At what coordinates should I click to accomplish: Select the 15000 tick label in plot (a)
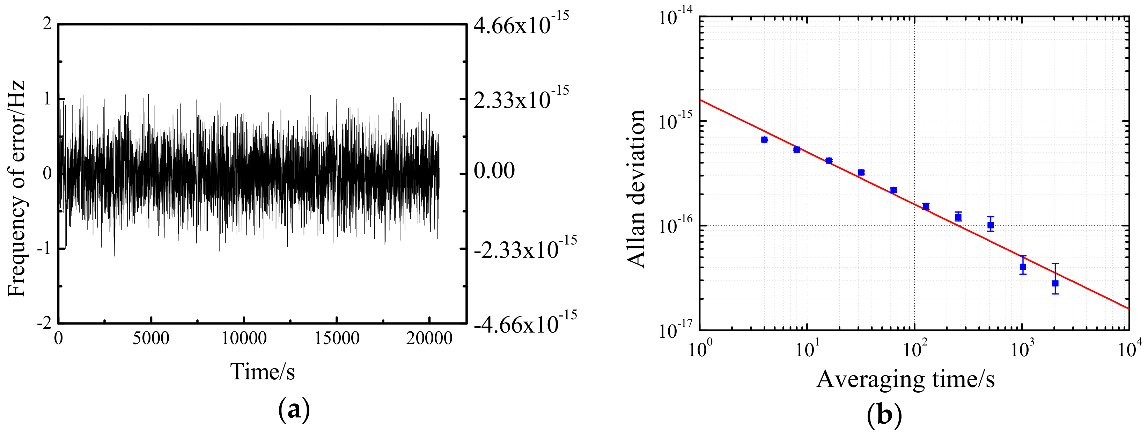(x=337, y=338)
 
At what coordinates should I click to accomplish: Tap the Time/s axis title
(x=263, y=371)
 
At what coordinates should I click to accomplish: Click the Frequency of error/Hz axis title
(x=17, y=189)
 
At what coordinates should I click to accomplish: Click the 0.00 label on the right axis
(x=494, y=171)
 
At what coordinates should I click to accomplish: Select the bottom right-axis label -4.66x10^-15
(x=525, y=322)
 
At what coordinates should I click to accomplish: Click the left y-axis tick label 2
(x=47, y=24)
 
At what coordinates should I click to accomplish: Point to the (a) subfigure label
(x=294, y=409)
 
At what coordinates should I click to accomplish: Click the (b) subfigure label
(x=885, y=415)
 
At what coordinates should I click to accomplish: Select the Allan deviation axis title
(x=636, y=189)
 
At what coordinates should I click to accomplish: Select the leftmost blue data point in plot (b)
(x=764, y=140)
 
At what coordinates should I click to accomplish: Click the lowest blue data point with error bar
(x=1055, y=283)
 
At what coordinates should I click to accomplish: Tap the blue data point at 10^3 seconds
(x=1023, y=267)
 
